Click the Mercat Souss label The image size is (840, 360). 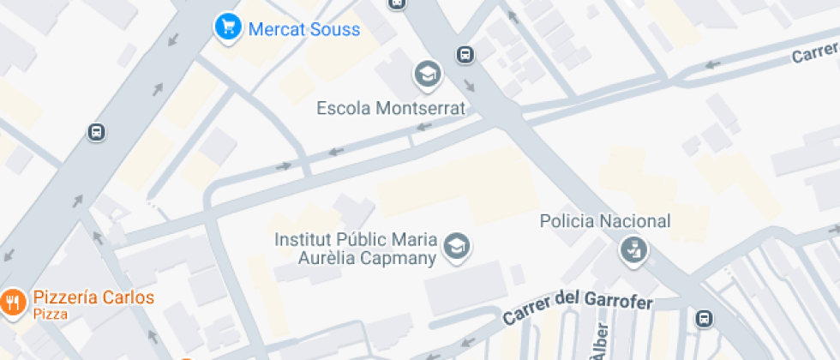303,29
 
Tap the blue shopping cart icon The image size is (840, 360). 226,27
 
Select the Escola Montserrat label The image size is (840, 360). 391,109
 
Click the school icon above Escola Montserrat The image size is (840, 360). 426,75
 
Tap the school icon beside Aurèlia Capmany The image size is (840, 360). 457,247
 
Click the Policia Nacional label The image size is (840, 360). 605,221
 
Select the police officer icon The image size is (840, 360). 634,250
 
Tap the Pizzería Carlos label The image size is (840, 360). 93,298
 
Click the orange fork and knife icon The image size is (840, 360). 12,302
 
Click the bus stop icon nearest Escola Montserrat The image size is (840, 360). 465,55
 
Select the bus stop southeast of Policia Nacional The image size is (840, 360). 704,318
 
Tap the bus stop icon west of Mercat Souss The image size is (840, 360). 96,132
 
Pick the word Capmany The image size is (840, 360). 401,257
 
